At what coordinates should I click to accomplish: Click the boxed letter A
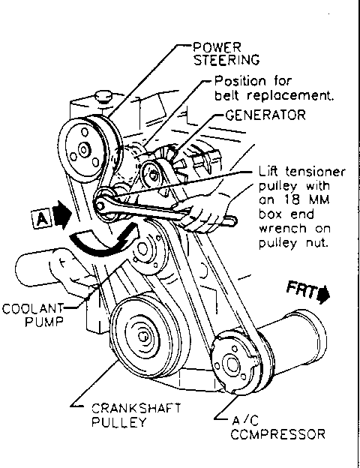(41, 219)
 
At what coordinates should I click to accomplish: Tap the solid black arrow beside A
(62, 214)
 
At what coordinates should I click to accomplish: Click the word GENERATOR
(265, 115)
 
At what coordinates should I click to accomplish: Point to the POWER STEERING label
(226, 54)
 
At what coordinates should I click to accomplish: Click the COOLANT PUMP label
(33, 315)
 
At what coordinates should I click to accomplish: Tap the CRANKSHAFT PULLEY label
(136, 415)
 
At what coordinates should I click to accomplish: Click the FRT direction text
(301, 290)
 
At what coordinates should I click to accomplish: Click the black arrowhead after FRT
(324, 295)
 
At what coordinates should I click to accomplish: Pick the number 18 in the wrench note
(293, 200)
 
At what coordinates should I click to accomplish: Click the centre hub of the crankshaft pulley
(143, 336)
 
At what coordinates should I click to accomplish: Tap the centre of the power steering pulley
(83, 149)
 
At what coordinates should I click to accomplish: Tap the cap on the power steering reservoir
(103, 97)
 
